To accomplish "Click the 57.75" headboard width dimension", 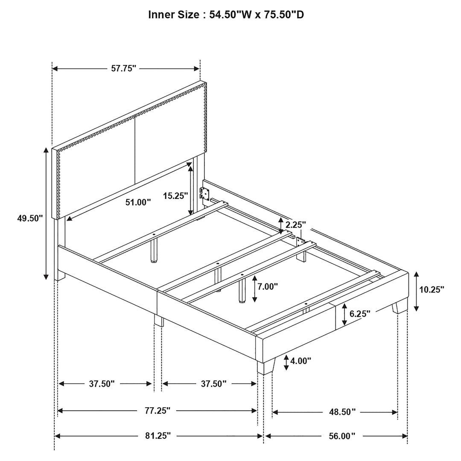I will click(123, 68).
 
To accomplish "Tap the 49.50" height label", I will click(30, 219).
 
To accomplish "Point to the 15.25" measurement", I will click(175, 195).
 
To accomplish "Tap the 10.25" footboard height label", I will click(432, 289).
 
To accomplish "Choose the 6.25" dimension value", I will click(360, 314).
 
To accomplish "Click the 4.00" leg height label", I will click(301, 361).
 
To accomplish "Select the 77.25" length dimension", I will click(157, 411).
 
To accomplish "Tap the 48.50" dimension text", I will click(342, 412).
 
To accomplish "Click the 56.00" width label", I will click(342, 436).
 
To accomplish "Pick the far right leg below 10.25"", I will click(400, 306).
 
